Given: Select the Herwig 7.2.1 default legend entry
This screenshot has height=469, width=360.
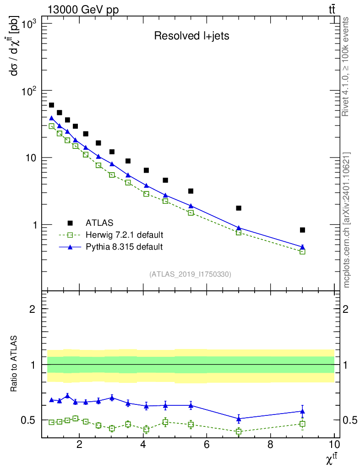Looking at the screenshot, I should [124, 235].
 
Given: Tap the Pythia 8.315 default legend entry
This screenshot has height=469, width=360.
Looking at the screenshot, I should [124, 247].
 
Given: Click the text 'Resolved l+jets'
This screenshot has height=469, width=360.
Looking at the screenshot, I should [191, 36].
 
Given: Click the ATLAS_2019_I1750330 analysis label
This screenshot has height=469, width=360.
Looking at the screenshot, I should [190, 274].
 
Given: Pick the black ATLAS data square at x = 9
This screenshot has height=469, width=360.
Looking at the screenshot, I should [302, 230].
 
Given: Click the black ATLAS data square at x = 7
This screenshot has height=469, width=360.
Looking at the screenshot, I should [239, 208].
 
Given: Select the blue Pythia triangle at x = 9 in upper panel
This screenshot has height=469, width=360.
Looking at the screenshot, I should [302, 247].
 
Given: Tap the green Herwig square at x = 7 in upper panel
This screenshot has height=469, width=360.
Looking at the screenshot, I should [239, 233].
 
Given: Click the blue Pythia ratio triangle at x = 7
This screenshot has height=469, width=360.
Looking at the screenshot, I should [239, 418].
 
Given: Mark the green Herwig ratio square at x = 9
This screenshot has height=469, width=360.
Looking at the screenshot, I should [302, 424].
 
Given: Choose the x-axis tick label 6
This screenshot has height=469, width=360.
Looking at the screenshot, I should [207, 445].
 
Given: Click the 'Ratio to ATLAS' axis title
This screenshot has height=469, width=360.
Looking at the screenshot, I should [15, 365].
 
